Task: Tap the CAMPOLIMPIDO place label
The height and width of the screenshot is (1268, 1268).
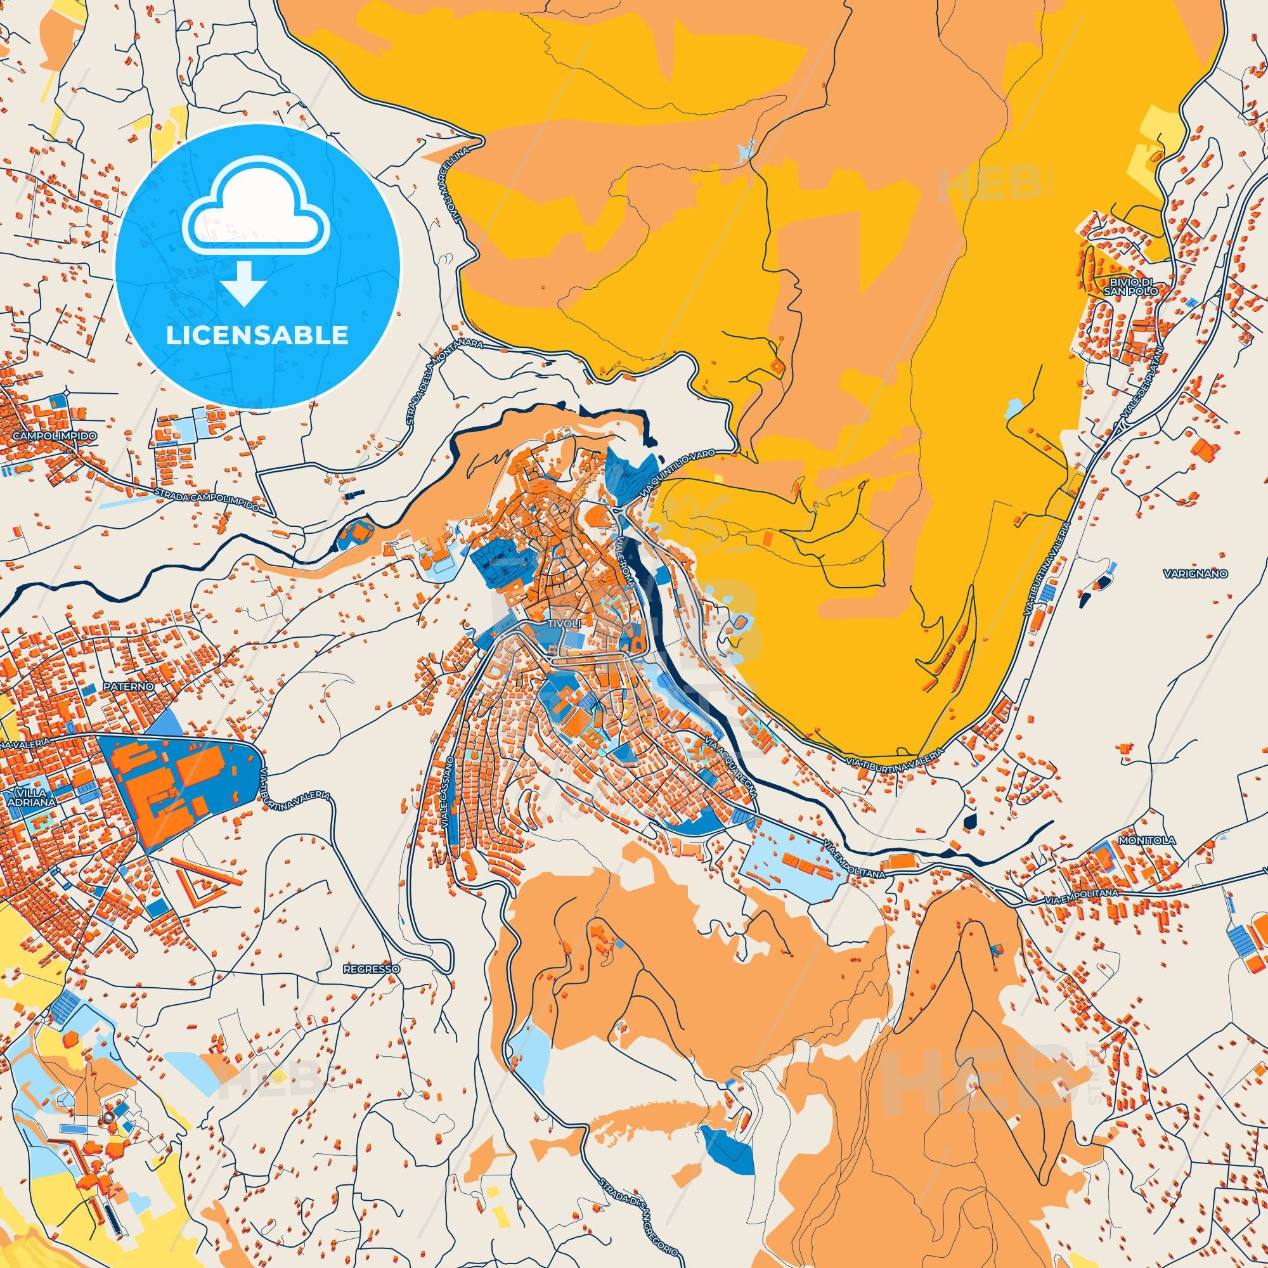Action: click(50, 436)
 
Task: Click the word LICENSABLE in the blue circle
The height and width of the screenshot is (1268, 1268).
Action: click(257, 335)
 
